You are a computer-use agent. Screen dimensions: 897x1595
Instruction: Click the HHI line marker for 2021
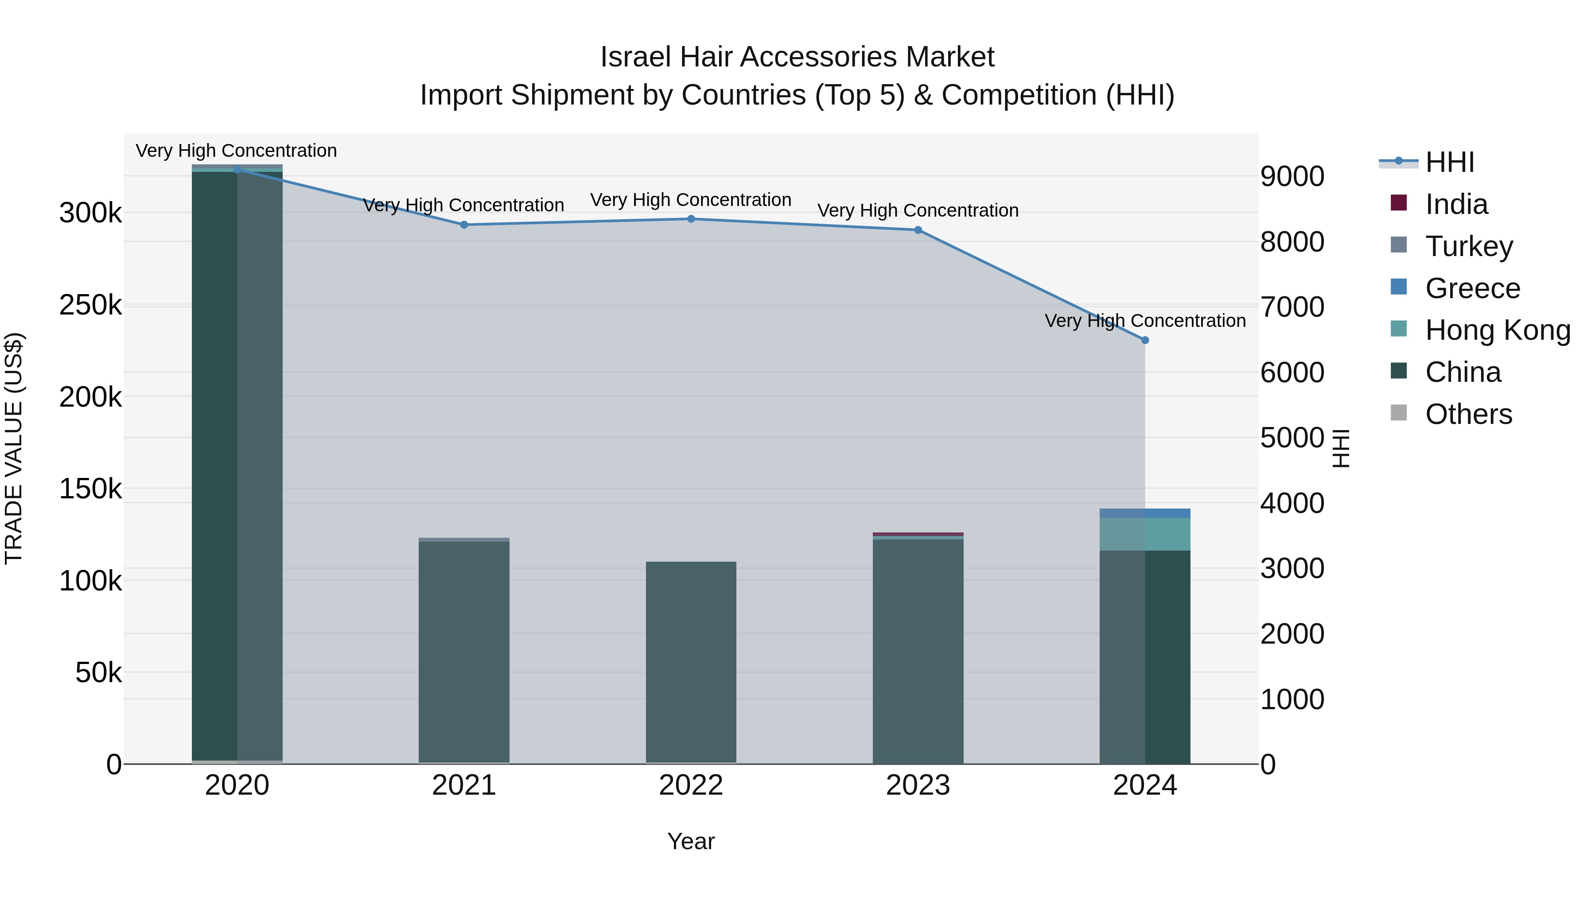(x=464, y=225)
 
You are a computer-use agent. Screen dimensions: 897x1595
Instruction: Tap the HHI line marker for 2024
(x=1145, y=340)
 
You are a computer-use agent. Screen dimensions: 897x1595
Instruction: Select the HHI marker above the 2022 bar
(x=691, y=218)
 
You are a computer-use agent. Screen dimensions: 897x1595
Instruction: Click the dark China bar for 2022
(x=691, y=662)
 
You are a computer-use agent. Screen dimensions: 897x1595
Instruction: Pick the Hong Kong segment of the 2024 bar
(x=1145, y=534)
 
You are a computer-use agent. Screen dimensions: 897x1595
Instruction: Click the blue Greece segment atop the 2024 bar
(x=1145, y=513)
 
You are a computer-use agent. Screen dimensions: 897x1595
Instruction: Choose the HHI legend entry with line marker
(x=1449, y=162)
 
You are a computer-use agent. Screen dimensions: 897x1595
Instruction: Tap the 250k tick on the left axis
(x=90, y=305)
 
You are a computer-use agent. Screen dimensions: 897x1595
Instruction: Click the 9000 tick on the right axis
(x=1292, y=176)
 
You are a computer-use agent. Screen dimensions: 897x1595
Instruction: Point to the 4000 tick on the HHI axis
(x=1292, y=503)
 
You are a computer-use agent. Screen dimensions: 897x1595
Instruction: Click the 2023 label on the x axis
(x=918, y=785)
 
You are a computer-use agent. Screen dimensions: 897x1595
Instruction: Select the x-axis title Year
(x=691, y=841)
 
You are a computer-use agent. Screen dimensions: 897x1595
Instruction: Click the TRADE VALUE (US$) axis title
(x=14, y=448)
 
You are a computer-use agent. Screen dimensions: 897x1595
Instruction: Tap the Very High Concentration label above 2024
(x=1145, y=321)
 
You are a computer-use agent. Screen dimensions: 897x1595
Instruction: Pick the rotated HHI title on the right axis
(x=1341, y=448)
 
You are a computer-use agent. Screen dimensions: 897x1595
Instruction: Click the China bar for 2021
(x=464, y=650)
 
